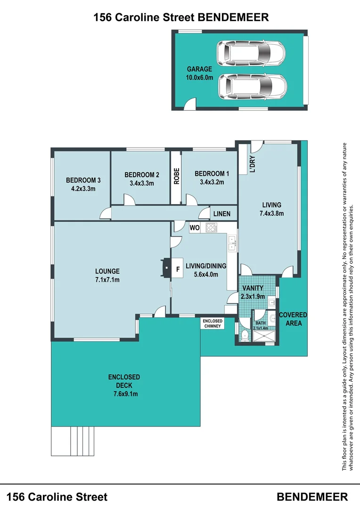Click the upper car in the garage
coord(251,52)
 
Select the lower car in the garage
coord(253,86)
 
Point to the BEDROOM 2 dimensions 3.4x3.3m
coord(140,183)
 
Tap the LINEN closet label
coord(221,214)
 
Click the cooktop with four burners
coord(211,228)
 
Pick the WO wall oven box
coord(195,228)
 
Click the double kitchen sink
coord(232,243)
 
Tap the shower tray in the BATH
coord(265,335)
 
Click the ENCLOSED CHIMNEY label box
coord(213,323)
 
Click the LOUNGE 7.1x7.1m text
coord(107,275)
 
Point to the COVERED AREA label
coord(293,319)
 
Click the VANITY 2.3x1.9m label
coord(253,292)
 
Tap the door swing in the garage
coord(188,105)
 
